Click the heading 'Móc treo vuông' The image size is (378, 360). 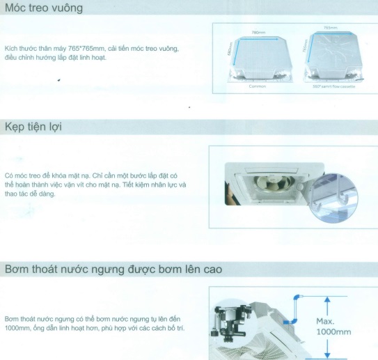point(43,9)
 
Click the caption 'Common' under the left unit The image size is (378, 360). point(258,86)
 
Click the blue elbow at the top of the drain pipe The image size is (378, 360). point(298,297)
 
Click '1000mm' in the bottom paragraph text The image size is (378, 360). point(18,327)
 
